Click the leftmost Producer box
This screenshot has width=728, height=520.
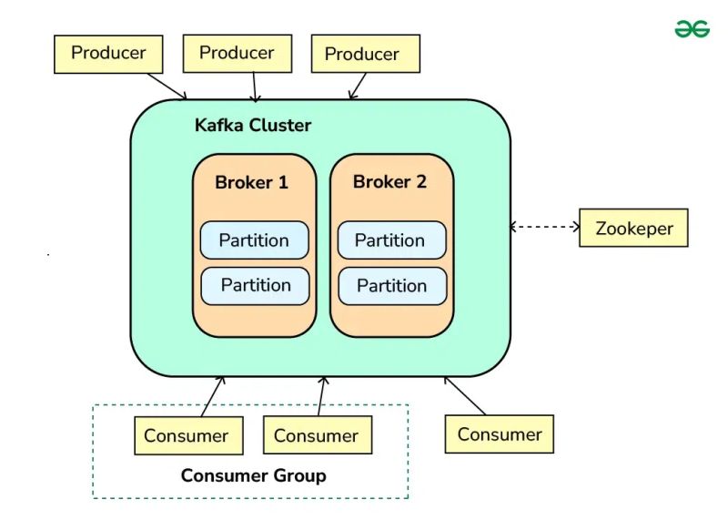[108, 54]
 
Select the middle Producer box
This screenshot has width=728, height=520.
[237, 54]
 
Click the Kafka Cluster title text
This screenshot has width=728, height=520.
[253, 126]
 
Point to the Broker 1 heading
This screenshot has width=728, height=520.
[251, 182]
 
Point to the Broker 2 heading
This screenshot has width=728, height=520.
[389, 182]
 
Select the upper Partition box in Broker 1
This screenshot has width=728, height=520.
[254, 240]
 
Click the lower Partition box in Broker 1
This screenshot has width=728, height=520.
[255, 285]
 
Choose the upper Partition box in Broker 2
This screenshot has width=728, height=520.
[391, 240]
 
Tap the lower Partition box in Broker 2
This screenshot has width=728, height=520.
[392, 285]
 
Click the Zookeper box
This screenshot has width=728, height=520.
[633, 228]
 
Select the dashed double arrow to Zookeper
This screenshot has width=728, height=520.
[545, 227]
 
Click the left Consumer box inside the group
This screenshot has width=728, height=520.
[187, 435]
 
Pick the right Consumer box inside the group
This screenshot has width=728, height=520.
[317, 435]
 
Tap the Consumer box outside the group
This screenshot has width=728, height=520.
[499, 434]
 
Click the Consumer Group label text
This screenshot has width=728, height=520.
[253, 475]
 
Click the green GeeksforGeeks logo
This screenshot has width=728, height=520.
[692, 29]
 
